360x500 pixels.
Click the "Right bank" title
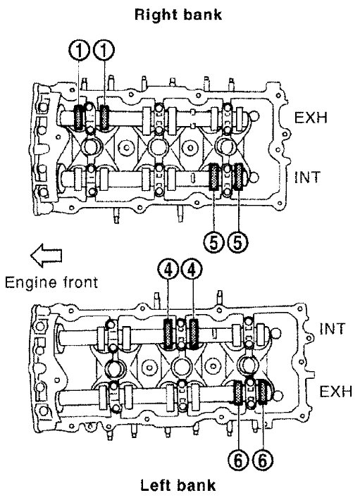click(178, 15)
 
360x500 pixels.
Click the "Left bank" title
click(178, 485)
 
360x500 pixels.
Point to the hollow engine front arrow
click(46, 255)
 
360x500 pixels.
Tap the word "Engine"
click(30, 283)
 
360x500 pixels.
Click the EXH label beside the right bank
click(311, 118)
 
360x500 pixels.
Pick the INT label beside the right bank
click(306, 177)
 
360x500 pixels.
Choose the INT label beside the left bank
click(333, 328)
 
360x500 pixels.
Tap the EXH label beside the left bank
click(336, 392)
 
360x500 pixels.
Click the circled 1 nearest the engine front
click(79, 51)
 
